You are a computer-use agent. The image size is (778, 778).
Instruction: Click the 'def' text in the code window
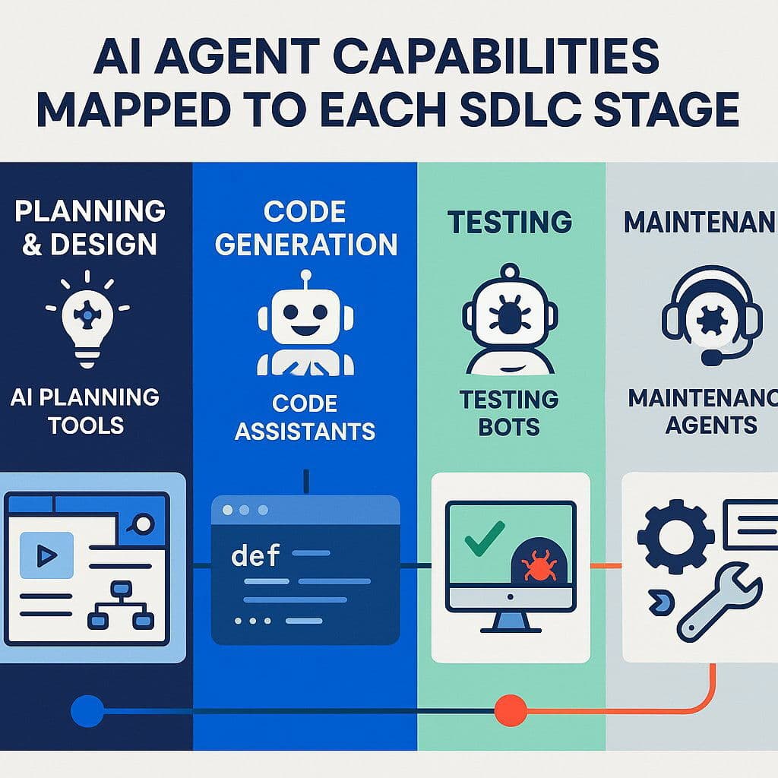[x=255, y=555]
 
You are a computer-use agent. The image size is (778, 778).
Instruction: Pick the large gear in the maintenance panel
[x=675, y=534]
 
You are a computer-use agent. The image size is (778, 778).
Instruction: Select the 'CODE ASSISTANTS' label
[x=305, y=417]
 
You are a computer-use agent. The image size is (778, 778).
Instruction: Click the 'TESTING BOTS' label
[x=509, y=413]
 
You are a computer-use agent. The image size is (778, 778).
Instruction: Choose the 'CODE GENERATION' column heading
[x=305, y=228]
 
